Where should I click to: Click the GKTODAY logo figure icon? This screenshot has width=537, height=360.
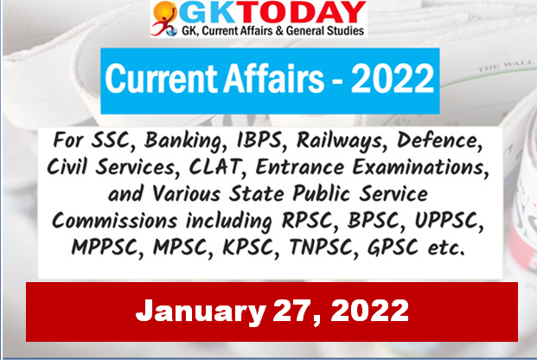point(164,18)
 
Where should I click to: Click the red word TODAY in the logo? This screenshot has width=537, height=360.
point(302,13)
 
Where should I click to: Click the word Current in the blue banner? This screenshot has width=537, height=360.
point(162,79)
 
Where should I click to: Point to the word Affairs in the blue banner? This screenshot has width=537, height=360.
point(273,79)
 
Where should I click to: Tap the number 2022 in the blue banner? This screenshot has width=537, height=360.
point(393,79)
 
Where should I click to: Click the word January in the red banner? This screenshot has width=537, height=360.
point(201,312)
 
